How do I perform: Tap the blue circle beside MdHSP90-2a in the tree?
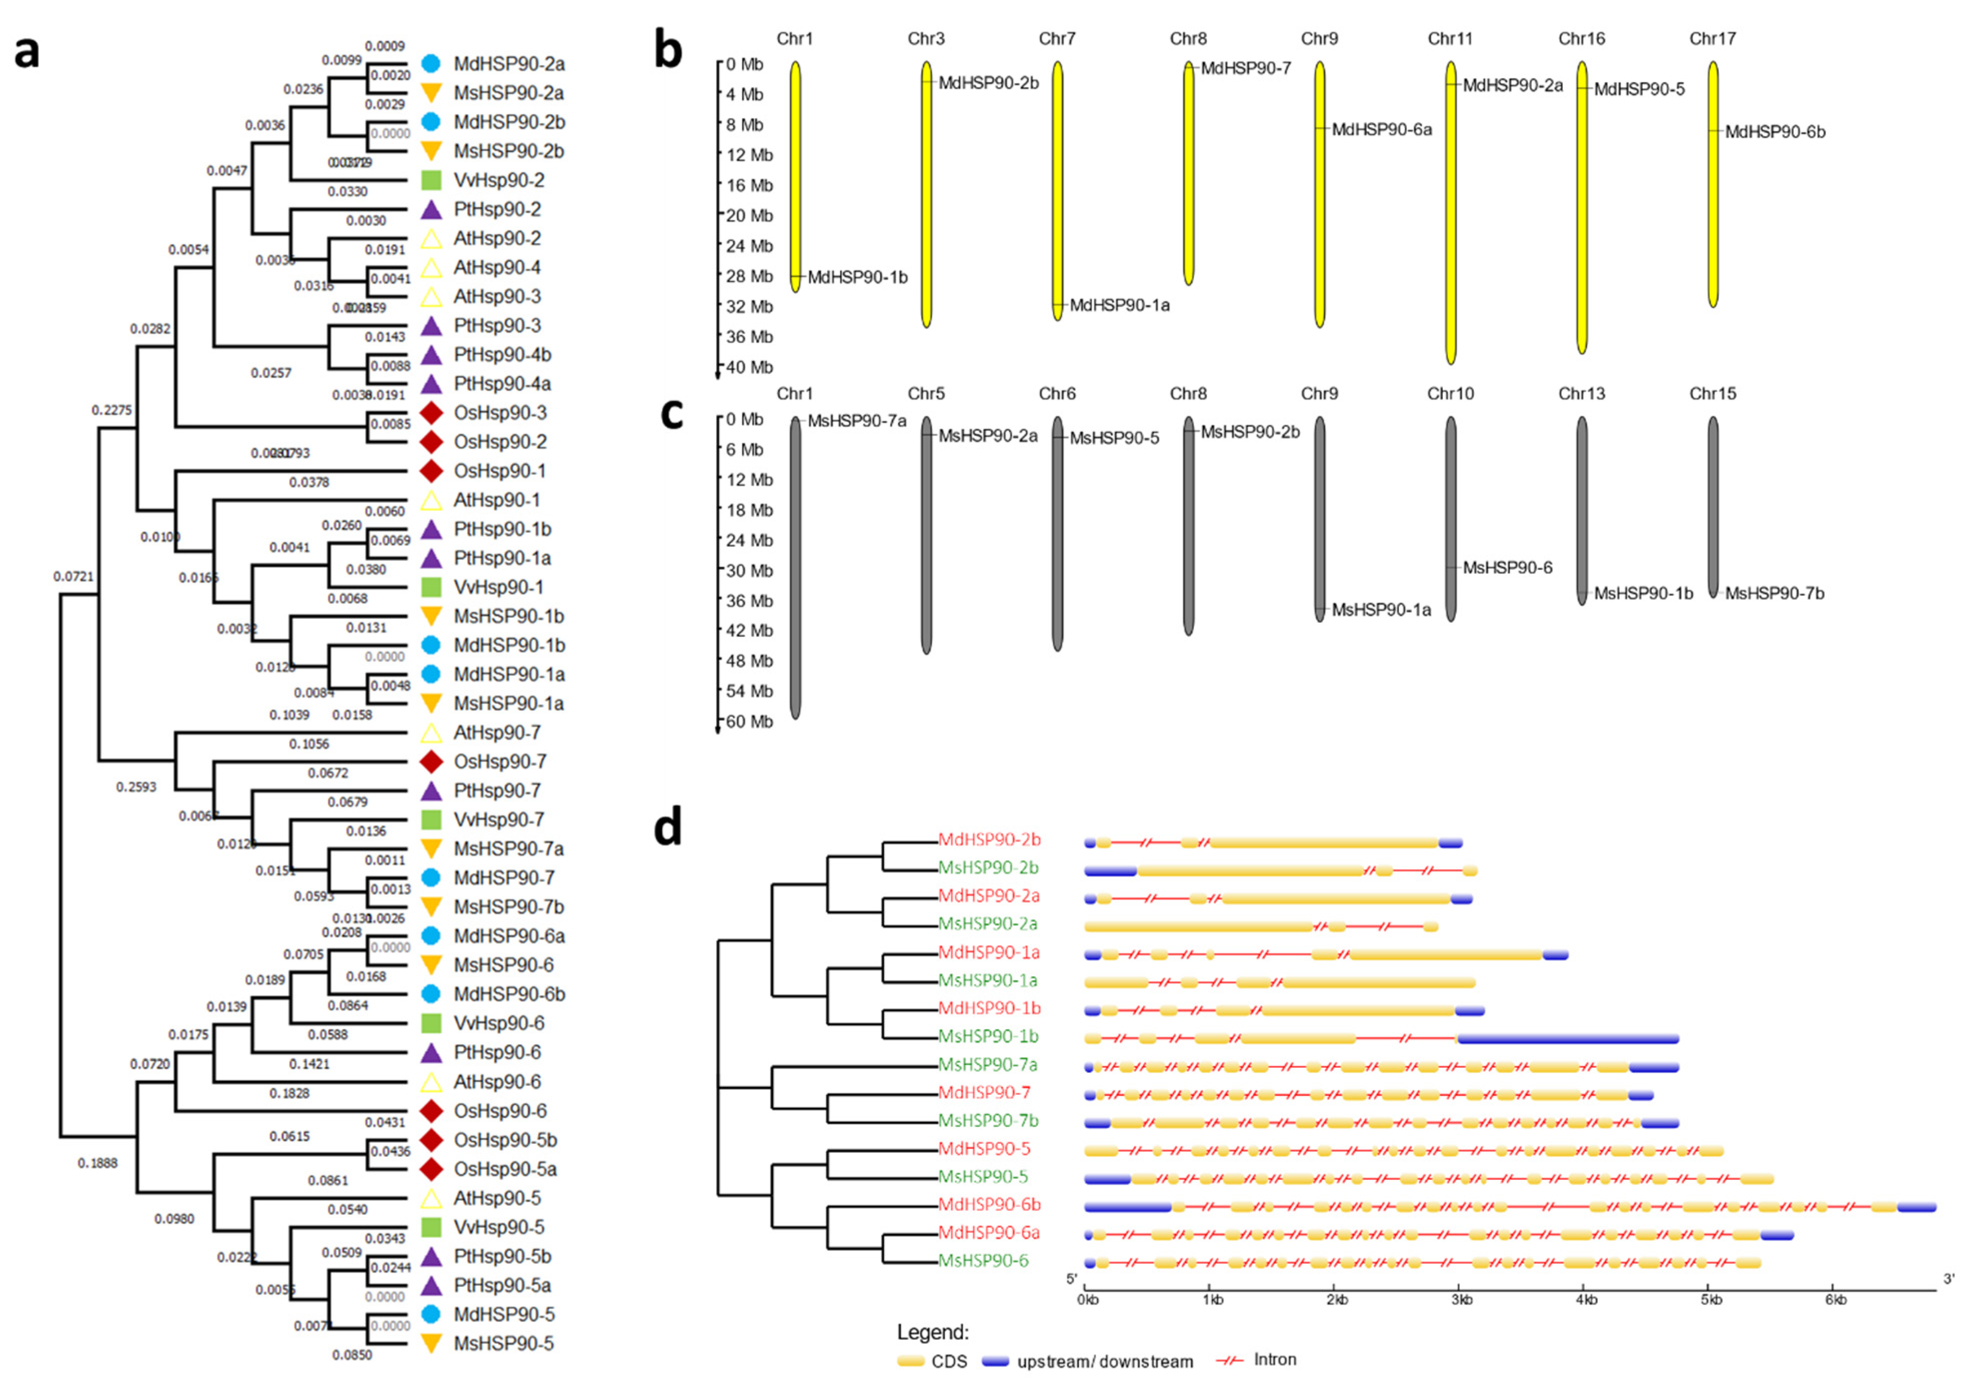pyautogui.click(x=432, y=63)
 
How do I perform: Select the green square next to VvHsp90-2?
pyautogui.click(x=432, y=180)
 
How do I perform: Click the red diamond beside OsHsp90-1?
pyautogui.click(x=432, y=471)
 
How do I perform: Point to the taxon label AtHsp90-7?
pyautogui.click(x=497, y=733)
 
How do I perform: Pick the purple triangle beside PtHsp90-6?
pyautogui.click(x=432, y=1052)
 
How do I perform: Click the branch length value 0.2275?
pyautogui.click(x=112, y=410)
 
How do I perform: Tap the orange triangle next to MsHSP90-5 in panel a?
pyautogui.click(x=432, y=1343)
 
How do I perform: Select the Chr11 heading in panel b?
pyautogui.click(x=1450, y=38)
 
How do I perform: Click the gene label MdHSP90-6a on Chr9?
pyautogui.click(x=1381, y=130)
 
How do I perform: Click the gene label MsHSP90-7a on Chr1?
pyautogui.click(x=857, y=421)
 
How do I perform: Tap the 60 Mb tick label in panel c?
pyautogui.click(x=745, y=721)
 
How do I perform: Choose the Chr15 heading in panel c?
pyautogui.click(x=1713, y=394)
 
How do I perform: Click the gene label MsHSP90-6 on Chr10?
pyautogui.click(x=1508, y=567)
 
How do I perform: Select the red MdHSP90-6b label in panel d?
pyautogui.click(x=989, y=1205)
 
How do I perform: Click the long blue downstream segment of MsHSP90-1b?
pyautogui.click(x=1568, y=1038)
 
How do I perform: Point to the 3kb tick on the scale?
pyautogui.click(x=1461, y=1300)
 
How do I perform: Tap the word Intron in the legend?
pyautogui.click(x=1275, y=1359)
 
